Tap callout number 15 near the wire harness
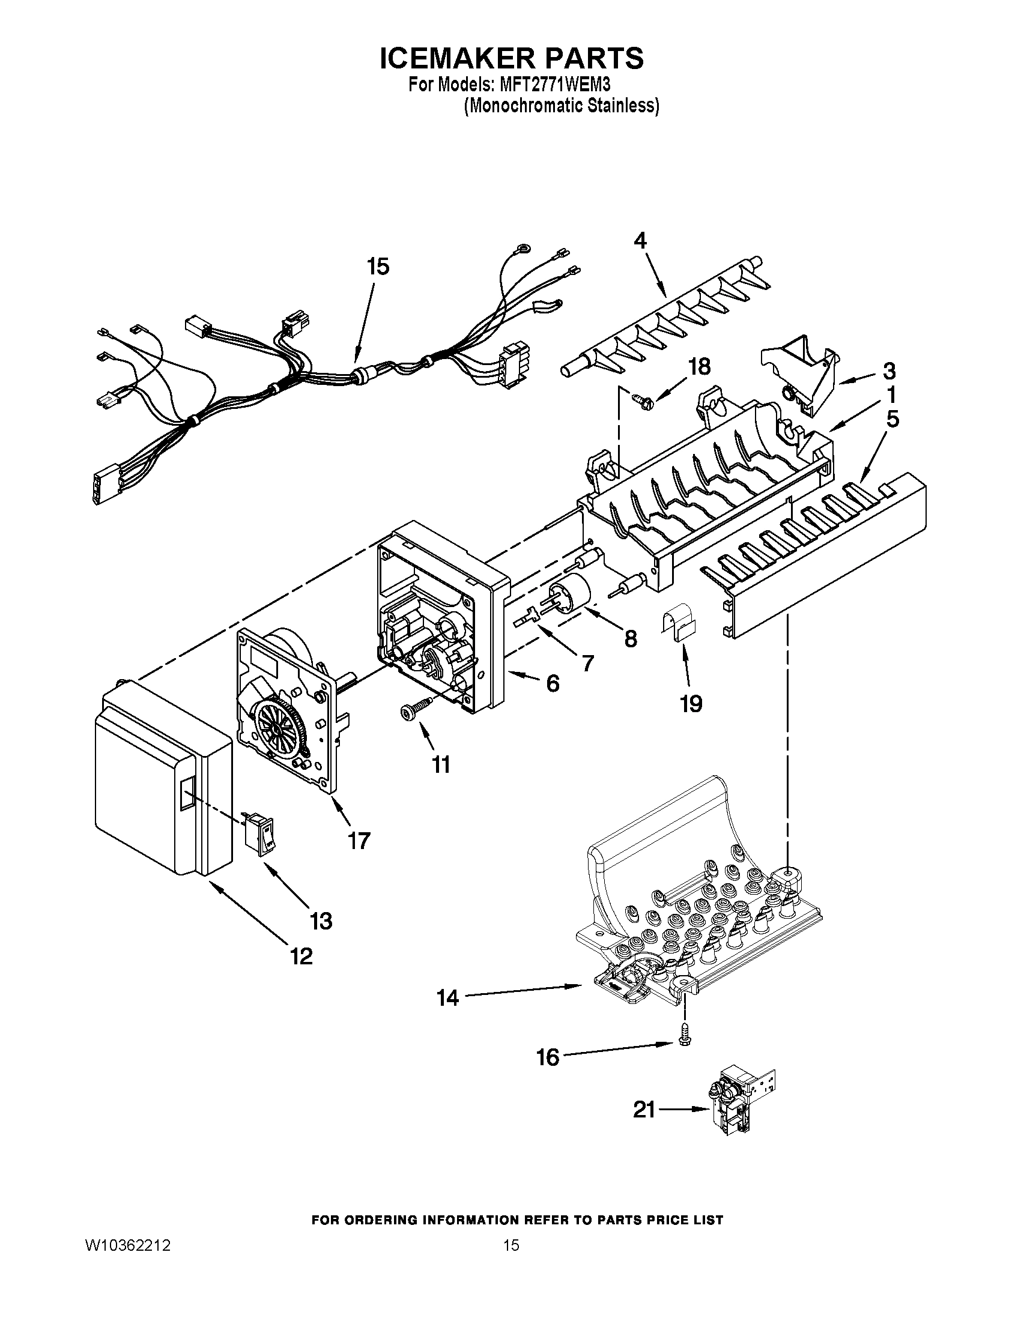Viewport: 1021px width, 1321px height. [x=378, y=267]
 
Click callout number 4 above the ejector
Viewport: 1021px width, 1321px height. [x=640, y=240]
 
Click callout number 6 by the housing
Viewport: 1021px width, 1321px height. [x=552, y=683]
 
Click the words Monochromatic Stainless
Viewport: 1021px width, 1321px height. [x=561, y=106]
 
